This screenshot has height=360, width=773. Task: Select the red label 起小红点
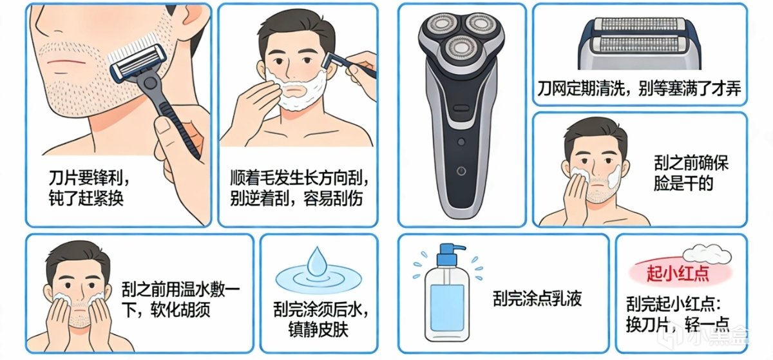(x=678, y=274)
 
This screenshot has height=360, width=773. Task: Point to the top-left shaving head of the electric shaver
(x=439, y=26)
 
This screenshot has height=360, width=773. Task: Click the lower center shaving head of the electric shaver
(x=461, y=48)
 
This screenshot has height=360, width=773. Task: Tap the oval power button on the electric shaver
(x=461, y=108)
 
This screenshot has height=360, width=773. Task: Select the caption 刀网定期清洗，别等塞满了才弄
(x=639, y=88)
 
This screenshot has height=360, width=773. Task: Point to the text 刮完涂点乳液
(x=537, y=298)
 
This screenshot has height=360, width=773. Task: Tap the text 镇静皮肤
(x=318, y=329)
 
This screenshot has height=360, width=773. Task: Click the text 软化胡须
(x=180, y=309)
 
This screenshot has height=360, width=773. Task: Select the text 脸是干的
(x=683, y=183)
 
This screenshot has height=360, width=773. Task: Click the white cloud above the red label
(x=707, y=254)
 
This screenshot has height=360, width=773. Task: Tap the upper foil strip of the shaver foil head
(x=638, y=25)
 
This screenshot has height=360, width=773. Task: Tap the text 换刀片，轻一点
(x=677, y=324)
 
